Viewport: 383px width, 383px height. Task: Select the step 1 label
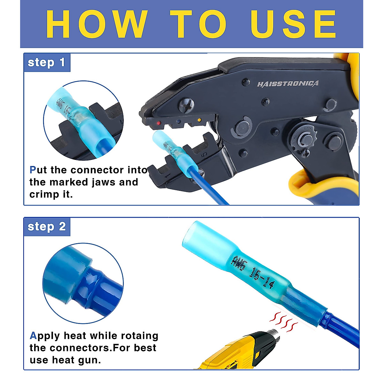coord(47,62)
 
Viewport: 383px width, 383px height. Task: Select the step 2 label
coord(47,227)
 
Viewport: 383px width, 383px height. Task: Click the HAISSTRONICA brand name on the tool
coord(288,84)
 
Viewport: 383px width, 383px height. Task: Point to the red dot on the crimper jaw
coord(159,123)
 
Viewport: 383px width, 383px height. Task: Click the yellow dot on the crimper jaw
coord(199,120)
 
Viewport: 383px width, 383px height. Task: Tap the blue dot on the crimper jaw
coord(179,122)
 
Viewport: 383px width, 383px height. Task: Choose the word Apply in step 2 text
coord(45,336)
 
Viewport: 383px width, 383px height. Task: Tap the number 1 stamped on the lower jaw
coord(166,175)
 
